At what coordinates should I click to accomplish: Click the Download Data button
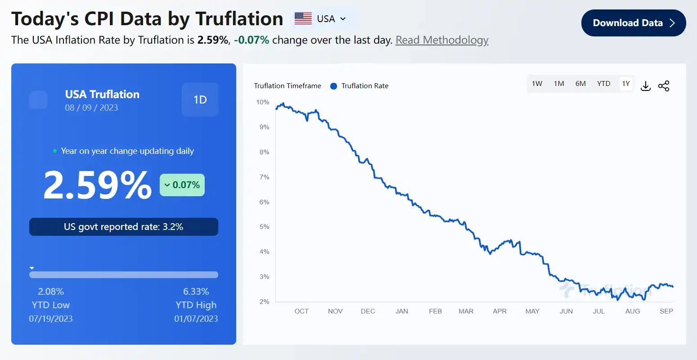633,23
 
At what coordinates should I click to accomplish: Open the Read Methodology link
442,40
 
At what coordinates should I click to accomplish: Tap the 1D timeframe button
200,99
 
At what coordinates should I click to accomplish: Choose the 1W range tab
537,84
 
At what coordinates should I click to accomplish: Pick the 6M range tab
580,84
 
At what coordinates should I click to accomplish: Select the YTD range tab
603,84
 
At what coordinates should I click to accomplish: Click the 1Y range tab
626,84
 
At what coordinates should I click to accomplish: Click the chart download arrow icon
646,86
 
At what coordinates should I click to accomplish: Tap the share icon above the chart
664,86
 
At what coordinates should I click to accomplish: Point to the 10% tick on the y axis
263,102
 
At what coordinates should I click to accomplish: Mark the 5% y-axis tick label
264,227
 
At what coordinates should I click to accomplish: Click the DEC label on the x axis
368,311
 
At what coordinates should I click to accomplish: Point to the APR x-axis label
499,311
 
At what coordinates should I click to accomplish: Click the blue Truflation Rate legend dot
333,86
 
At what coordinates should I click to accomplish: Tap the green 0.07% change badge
182,185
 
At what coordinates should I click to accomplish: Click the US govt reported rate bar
124,227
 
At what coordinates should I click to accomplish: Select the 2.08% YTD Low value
51,292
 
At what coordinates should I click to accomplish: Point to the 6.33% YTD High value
196,292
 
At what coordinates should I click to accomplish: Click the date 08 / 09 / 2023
91,108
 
